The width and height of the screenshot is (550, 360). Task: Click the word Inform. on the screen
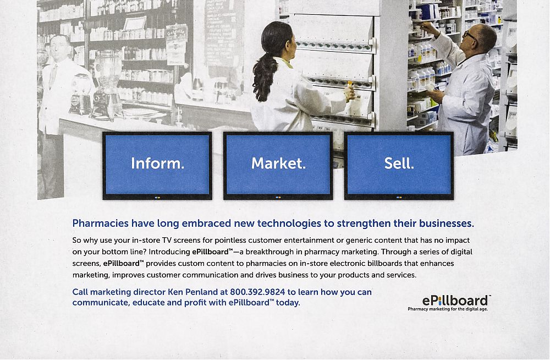(x=157, y=163)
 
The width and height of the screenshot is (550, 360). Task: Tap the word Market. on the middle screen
(x=278, y=163)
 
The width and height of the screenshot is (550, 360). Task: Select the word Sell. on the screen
(x=399, y=163)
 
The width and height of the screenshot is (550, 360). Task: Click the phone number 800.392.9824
(x=257, y=292)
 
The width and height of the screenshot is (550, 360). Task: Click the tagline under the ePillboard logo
(x=448, y=309)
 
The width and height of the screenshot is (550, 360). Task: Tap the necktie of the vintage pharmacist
(x=53, y=75)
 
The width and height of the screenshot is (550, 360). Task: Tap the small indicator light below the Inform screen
(x=157, y=198)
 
